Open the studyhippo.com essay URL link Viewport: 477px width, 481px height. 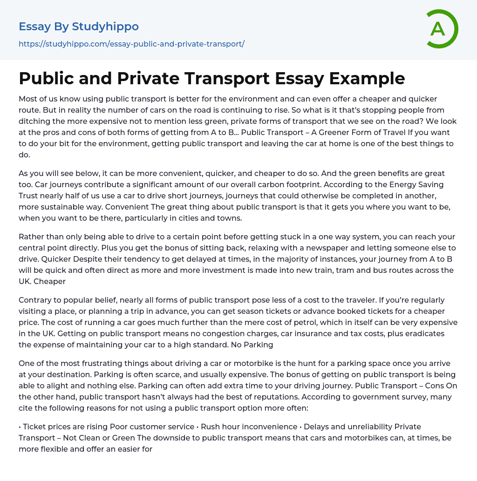coord(131,44)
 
